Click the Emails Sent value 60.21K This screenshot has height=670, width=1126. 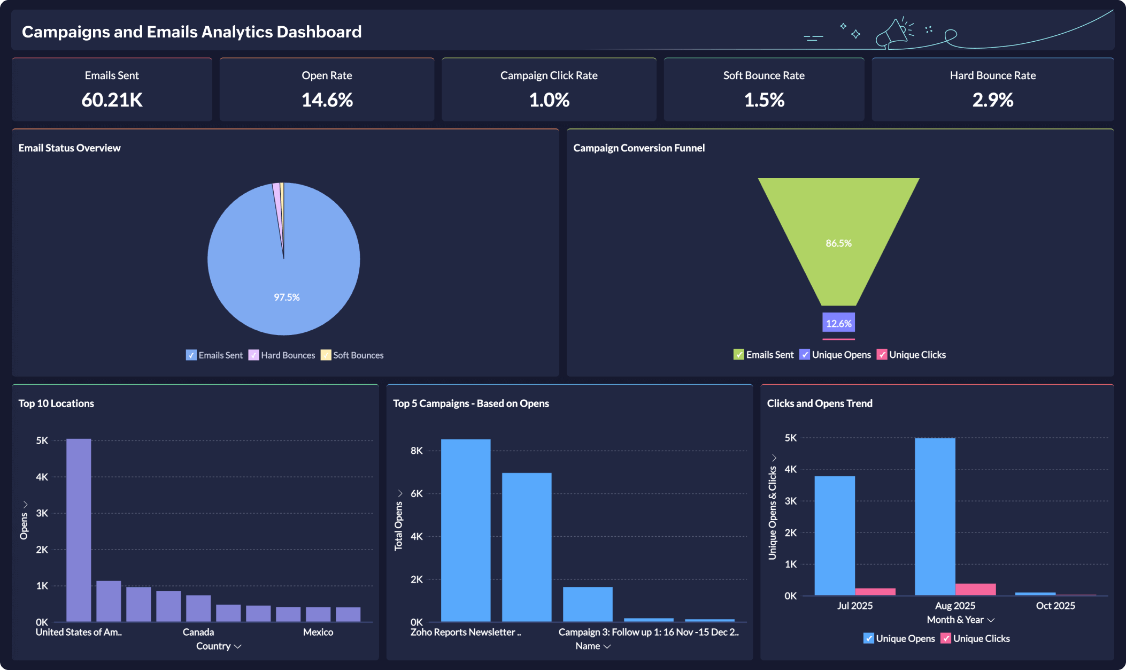pyautogui.click(x=112, y=100)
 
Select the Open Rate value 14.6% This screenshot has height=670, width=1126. pyautogui.click(x=327, y=100)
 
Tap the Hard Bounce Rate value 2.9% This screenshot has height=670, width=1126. pyautogui.click(x=992, y=100)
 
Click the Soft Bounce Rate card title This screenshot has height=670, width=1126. pyautogui.click(x=763, y=75)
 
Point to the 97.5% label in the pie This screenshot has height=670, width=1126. pyautogui.click(x=287, y=297)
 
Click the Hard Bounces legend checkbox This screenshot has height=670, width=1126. pyautogui.click(x=254, y=355)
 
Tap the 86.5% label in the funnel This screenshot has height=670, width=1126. pyautogui.click(x=838, y=243)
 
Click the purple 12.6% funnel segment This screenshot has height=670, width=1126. pyautogui.click(x=838, y=323)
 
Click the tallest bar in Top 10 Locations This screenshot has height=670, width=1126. pyautogui.click(x=79, y=530)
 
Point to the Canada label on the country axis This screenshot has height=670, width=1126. pyautogui.click(x=198, y=632)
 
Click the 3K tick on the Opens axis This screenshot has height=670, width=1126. pyautogui.click(x=42, y=513)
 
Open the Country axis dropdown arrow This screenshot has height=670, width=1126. pyautogui.click(x=238, y=646)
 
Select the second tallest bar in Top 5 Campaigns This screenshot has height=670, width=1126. pyautogui.click(x=527, y=546)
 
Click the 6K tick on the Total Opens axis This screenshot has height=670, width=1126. pyautogui.click(x=417, y=493)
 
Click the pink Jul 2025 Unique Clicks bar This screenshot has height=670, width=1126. pyautogui.click(x=875, y=591)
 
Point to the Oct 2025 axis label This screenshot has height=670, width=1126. pyautogui.click(x=1055, y=606)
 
